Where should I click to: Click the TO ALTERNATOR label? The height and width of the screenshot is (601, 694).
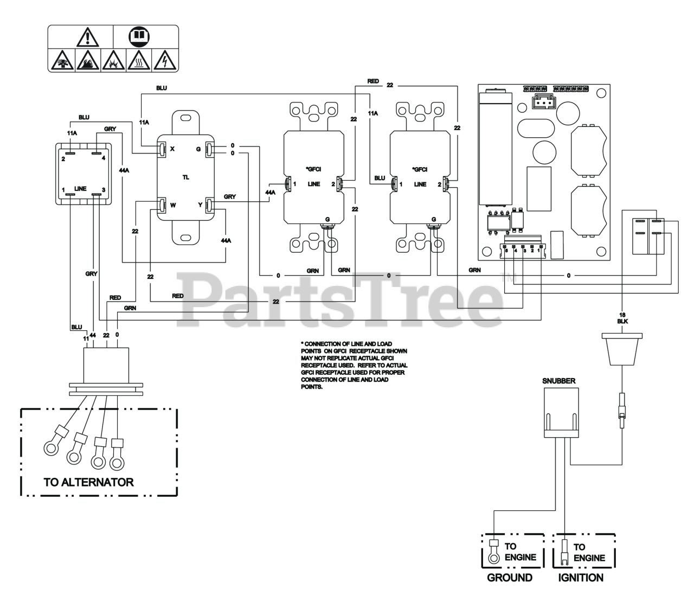[x=88, y=482]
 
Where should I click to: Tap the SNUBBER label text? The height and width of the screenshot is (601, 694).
[x=559, y=381]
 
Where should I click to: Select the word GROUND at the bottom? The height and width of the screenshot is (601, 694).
[x=510, y=578]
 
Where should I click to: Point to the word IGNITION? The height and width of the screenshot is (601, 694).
[x=581, y=578]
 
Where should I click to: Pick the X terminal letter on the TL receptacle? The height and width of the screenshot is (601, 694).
[x=172, y=149]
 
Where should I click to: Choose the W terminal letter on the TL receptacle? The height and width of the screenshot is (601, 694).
[x=172, y=206]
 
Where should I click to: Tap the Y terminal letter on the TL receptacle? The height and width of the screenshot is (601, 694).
[x=200, y=206]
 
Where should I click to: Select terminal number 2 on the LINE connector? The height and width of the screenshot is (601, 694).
[x=63, y=158]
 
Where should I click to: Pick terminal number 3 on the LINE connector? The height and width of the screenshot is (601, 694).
[x=104, y=190]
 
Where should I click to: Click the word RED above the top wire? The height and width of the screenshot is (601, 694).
[x=373, y=81]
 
